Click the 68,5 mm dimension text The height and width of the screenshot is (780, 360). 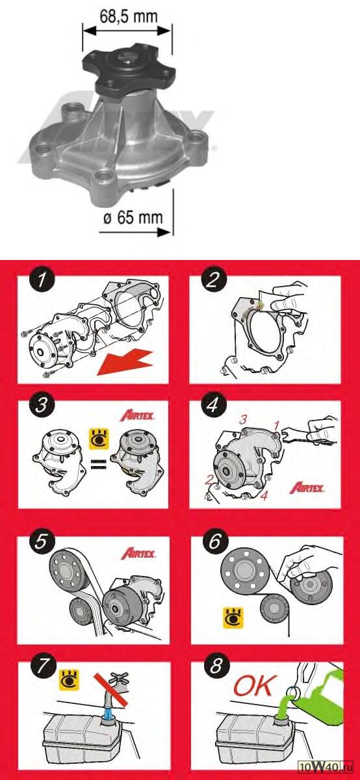[x=129, y=16]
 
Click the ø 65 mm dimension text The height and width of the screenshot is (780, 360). [x=133, y=217]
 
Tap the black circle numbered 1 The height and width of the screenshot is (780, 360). [x=42, y=281]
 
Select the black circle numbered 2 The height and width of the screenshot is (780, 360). [x=213, y=281]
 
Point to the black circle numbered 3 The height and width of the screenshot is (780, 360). [x=42, y=406]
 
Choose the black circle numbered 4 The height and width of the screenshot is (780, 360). [x=213, y=406]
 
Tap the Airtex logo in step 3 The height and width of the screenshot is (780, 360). [x=138, y=416]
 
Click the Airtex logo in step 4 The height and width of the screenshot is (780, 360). [x=307, y=488]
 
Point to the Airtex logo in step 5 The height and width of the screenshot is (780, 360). [x=138, y=553]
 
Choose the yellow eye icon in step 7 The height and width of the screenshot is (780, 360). [x=69, y=680]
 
